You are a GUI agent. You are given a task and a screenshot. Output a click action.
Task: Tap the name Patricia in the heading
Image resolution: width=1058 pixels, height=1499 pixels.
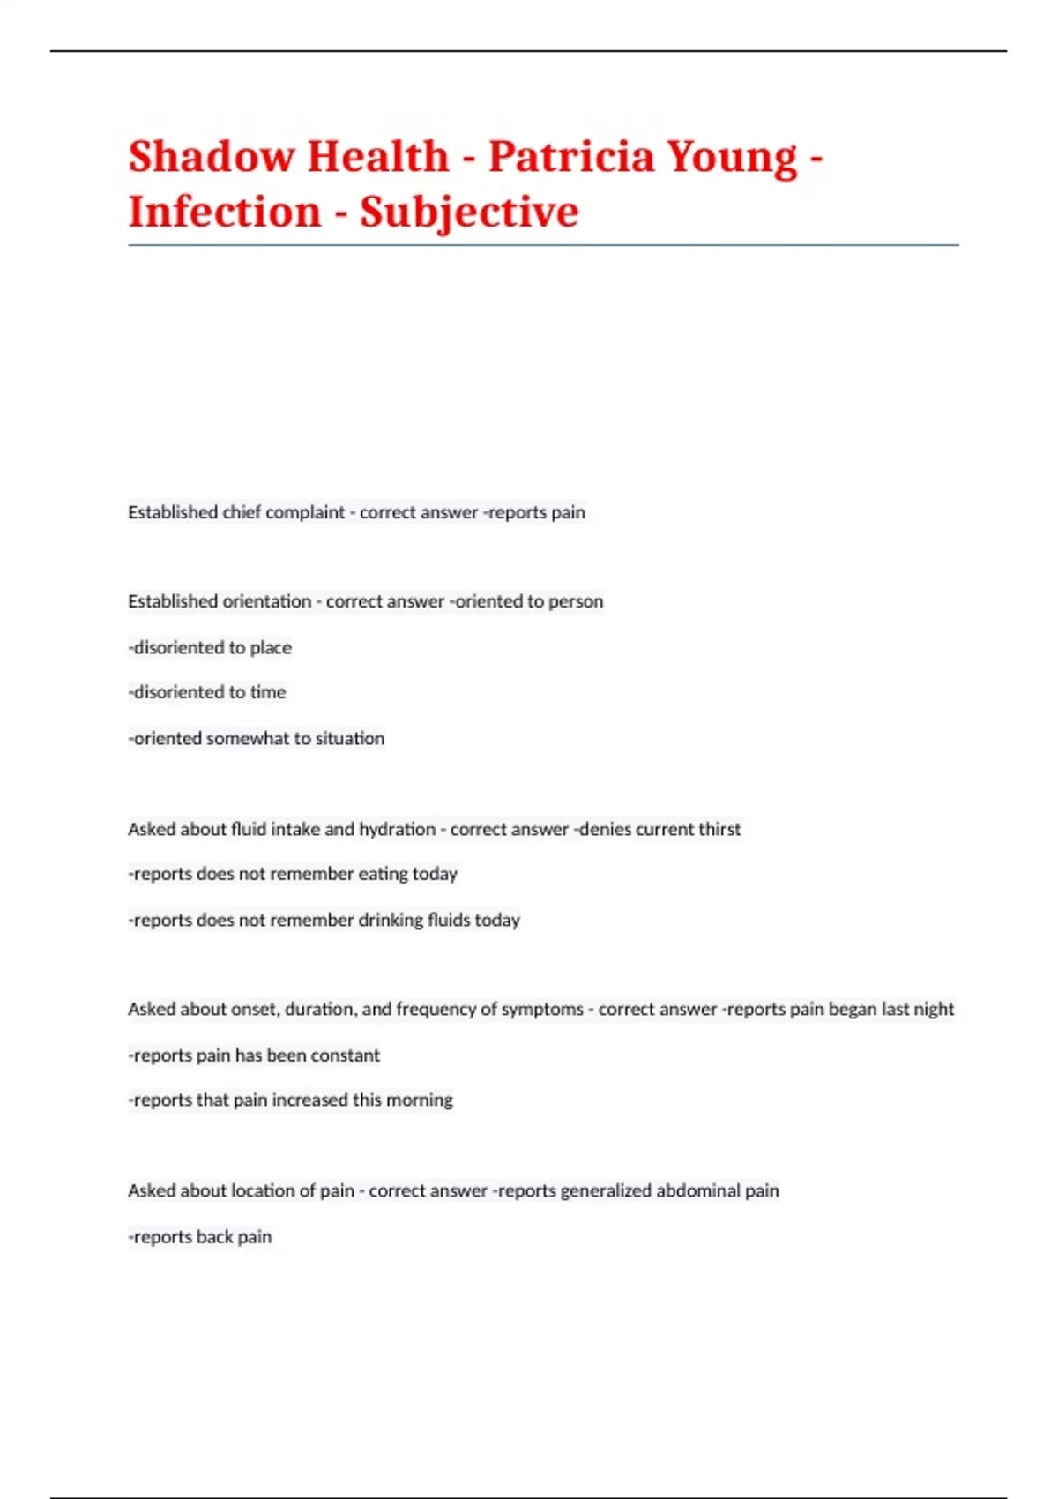point(570,157)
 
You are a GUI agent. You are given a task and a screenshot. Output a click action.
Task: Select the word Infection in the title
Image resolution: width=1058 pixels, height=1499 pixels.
point(225,213)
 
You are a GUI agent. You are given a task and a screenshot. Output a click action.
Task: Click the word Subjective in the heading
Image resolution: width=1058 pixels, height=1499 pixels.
point(469,213)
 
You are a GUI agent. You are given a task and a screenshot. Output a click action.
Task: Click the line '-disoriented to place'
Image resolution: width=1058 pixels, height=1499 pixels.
point(210,648)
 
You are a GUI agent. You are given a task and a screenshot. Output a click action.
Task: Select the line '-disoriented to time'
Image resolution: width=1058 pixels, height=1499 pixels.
point(207,693)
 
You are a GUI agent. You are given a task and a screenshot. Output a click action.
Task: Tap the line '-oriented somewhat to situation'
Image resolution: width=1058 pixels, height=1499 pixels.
point(257,739)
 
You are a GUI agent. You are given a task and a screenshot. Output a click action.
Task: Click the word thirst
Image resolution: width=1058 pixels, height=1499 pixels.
point(719,830)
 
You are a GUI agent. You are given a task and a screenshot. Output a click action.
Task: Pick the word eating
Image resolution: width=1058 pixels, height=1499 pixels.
point(382,875)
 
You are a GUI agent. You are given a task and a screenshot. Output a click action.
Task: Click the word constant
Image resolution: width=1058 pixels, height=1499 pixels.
point(345,1055)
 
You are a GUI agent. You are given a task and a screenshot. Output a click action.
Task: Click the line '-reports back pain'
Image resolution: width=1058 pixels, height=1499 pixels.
point(200,1237)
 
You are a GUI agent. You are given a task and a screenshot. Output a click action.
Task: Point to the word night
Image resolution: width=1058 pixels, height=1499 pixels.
point(935,1010)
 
